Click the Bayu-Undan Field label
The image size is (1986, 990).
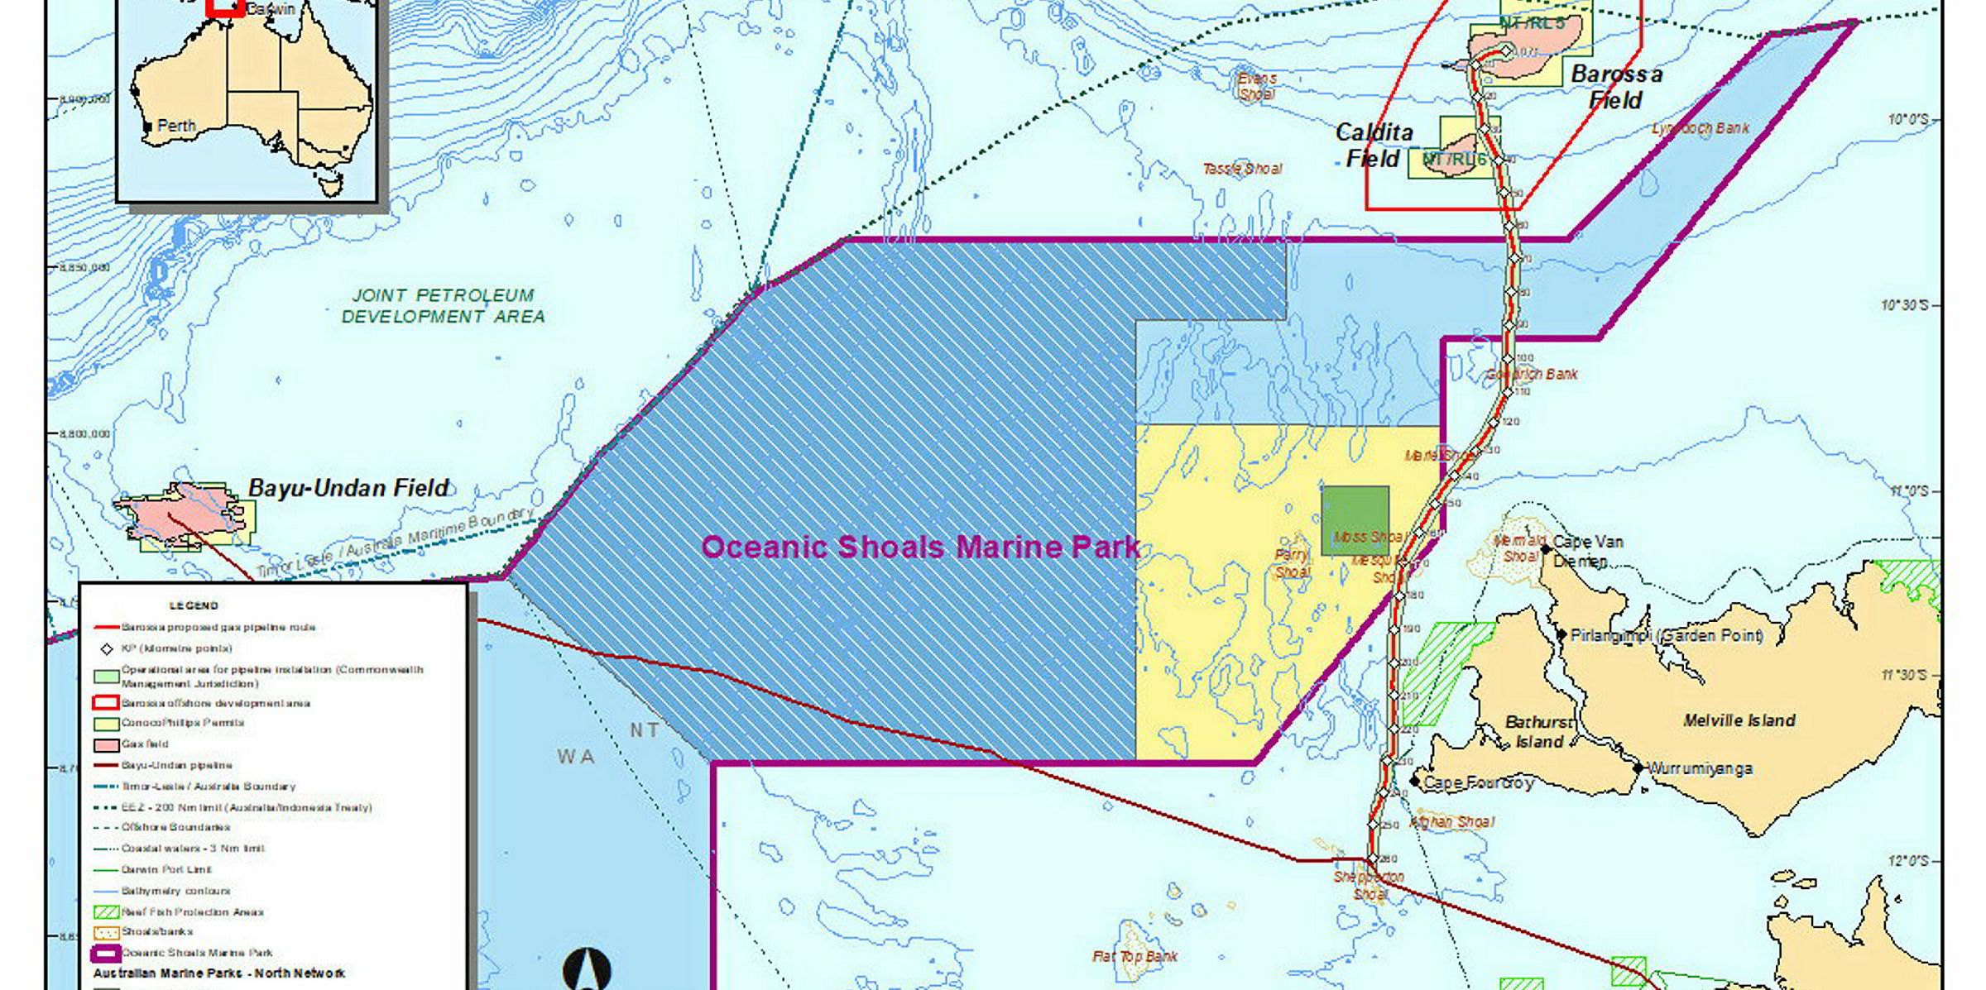(x=348, y=488)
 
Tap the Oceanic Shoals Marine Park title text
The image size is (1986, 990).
(x=920, y=547)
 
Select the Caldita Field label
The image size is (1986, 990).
(x=1374, y=145)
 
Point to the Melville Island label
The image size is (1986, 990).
(x=1739, y=720)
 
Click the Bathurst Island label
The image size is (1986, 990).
(x=1538, y=732)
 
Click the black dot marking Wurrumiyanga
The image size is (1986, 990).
(x=1638, y=768)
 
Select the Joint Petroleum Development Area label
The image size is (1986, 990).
(x=444, y=305)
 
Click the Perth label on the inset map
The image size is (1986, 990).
(x=175, y=127)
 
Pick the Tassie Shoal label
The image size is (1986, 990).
(x=1241, y=169)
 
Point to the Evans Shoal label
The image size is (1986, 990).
(x=1256, y=86)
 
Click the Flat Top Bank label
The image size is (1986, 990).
(x=1135, y=957)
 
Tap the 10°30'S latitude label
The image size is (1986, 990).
(x=1904, y=305)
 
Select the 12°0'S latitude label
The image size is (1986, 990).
(x=1904, y=860)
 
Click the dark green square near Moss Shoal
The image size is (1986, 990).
(x=1355, y=520)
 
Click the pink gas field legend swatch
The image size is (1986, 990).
(x=106, y=744)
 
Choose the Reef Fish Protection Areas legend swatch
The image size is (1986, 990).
(x=106, y=912)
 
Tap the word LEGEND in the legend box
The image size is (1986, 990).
(x=194, y=605)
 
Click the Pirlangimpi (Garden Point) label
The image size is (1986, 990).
(x=1666, y=635)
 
